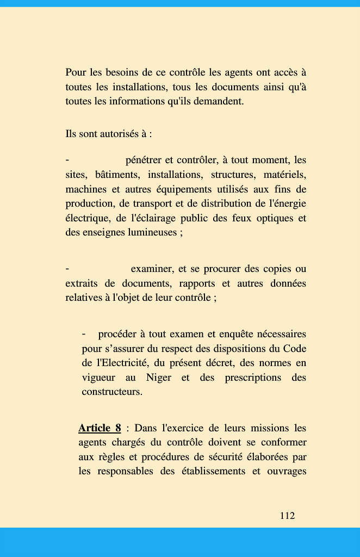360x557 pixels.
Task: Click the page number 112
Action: tap(287, 516)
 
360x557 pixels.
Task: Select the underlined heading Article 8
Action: tap(100, 428)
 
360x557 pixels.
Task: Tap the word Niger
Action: tap(159, 377)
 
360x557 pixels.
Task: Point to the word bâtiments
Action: tap(117, 175)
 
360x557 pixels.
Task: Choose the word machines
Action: tap(86, 189)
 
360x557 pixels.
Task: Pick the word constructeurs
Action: tap(111, 392)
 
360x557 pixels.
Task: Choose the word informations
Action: tap(136, 101)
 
